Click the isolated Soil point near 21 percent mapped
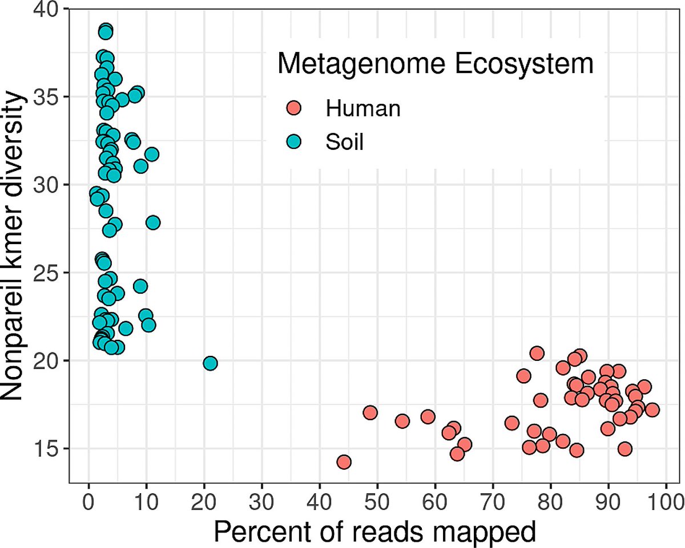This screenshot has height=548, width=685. tap(210, 363)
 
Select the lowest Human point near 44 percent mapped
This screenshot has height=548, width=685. tap(344, 462)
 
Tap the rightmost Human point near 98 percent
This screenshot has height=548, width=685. tap(652, 409)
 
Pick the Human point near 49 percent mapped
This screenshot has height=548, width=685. tap(370, 412)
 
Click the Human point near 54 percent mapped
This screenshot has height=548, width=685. tap(402, 421)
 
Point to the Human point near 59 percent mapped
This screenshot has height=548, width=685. tap(428, 417)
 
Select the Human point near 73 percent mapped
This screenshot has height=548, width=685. tap(511, 423)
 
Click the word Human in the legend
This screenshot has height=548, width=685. tap(362, 108)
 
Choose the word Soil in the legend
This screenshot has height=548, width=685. tap(344, 142)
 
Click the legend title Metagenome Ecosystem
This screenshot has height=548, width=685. tap(435, 64)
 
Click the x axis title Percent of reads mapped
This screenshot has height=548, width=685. tap(375, 531)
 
